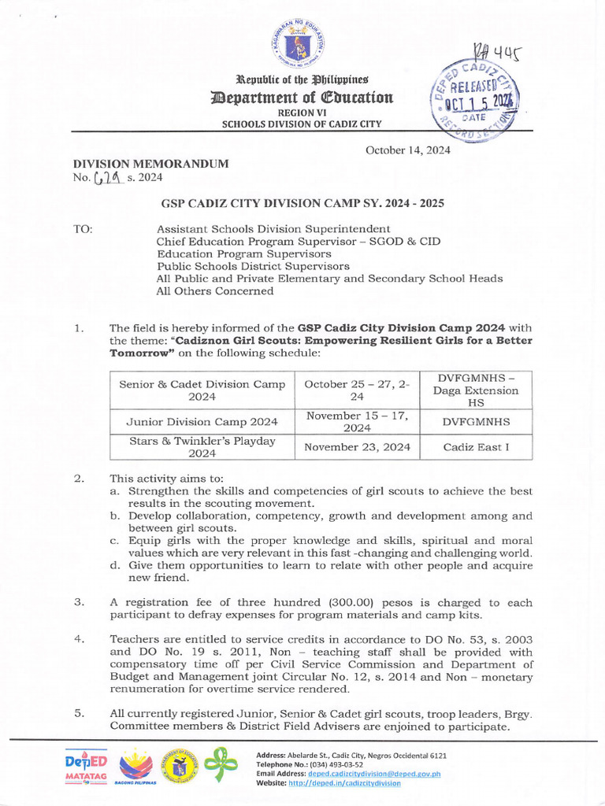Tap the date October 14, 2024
pyautogui.click(x=407, y=151)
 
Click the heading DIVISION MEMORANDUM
pyautogui.click(x=150, y=164)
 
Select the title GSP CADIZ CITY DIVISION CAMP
pyautogui.click(x=302, y=203)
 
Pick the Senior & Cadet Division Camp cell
pyautogui.click(x=202, y=390)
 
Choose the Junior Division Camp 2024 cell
pyautogui.click(x=202, y=422)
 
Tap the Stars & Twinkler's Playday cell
pyautogui.click(x=202, y=447)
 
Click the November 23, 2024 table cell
pyautogui.click(x=358, y=447)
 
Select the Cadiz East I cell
pyautogui.click(x=476, y=447)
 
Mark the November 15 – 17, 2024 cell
pyautogui.click(x=358, y=422)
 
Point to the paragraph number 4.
pyautogui.click(x=80, y=639)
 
